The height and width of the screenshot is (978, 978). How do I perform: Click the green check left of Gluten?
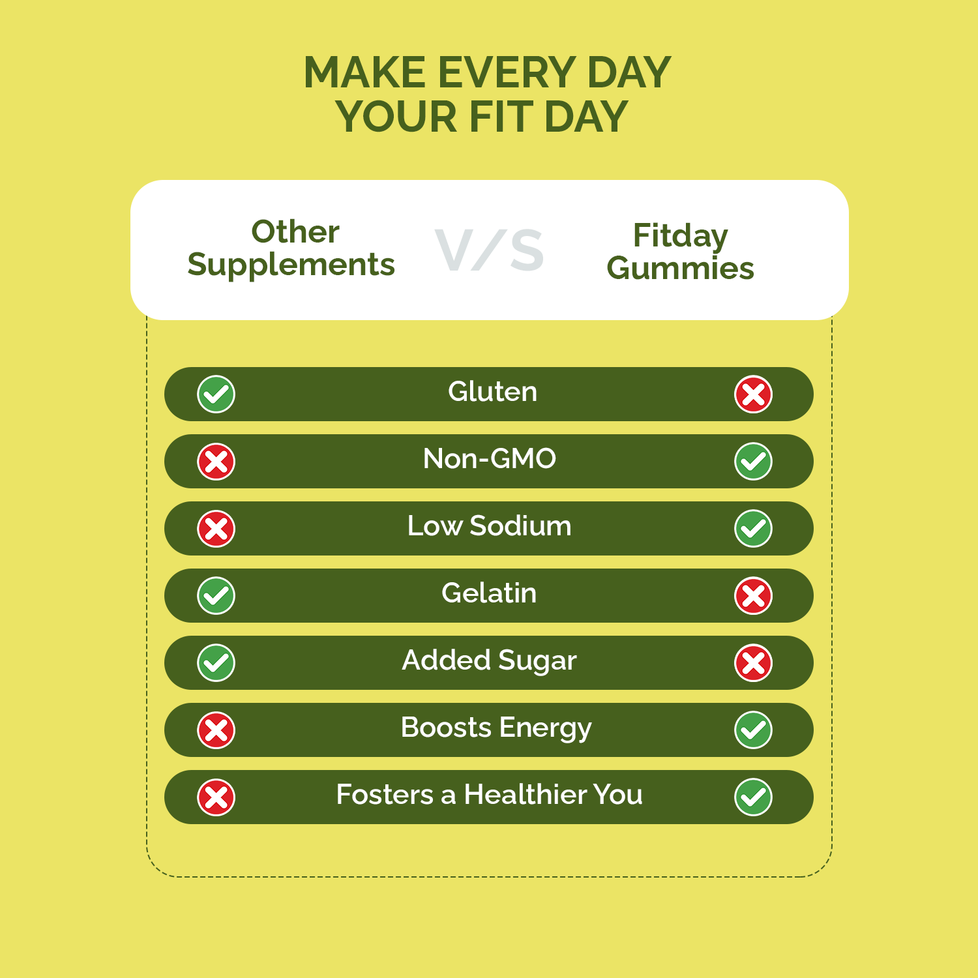pyautogui.click(x=216, y=394)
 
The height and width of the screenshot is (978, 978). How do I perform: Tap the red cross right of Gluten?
pyautogui.click(x=753, y=394)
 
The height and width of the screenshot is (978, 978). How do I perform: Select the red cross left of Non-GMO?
pyautogui.click(x=216, y=462)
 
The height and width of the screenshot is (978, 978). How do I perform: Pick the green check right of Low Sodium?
pyautogui.click(x=753, y=529)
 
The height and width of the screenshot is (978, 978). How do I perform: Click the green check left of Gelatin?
pyautogui.click(x=216, y=596)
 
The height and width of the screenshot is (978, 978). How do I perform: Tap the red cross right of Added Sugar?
pyautogui.click(x=753, y=663)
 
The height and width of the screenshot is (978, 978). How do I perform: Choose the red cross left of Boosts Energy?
pyautogui.click(x=216, y=730)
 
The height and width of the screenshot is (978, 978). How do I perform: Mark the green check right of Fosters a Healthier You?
pyautogui.click(x=753, y=797)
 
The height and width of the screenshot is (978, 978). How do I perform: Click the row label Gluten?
pyautogui.click(x=492, y=392)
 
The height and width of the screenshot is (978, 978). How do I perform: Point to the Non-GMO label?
pyautogui.click(x=490, y=459)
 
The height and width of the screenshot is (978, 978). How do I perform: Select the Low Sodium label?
pyautogui.click(x=489, y=526)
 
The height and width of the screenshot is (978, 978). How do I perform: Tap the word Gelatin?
pyautogui.click(x=489, y=593)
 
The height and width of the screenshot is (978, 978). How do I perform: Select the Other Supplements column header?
pyautogui.click(x=291, y=248)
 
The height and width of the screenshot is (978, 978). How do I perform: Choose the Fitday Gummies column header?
pyautogui.click(x=680, y=252)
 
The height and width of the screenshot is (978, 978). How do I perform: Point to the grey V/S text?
pyautogui.click(x=489, y=250)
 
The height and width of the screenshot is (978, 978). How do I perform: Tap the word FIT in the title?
pyautogui.click(x=501, y=117)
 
